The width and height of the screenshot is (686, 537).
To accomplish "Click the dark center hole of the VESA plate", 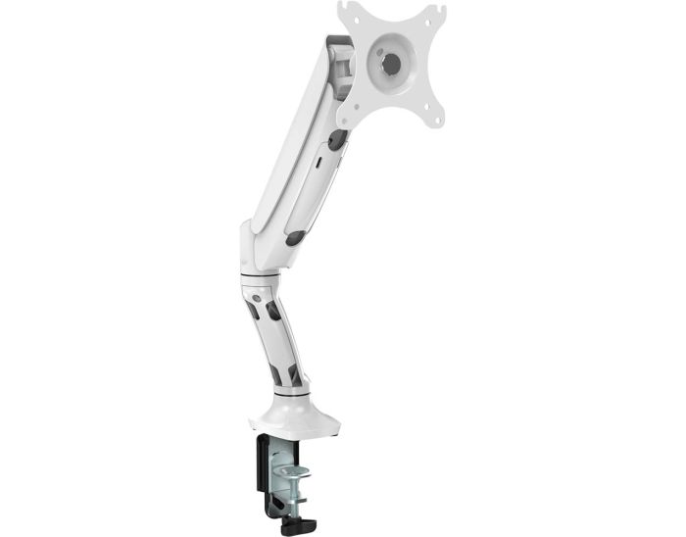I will point(391,62).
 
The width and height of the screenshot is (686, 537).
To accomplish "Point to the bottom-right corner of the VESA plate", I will point(436,120).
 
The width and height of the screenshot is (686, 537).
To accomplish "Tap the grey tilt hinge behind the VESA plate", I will point(340,68).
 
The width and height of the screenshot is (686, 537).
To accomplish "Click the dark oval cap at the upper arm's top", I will point(336,140).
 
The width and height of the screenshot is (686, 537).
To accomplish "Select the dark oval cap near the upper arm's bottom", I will point(295,238).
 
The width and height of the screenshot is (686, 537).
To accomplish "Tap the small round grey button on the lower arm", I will point(257,295).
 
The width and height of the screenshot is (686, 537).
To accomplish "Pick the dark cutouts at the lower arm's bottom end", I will point(283,372).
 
